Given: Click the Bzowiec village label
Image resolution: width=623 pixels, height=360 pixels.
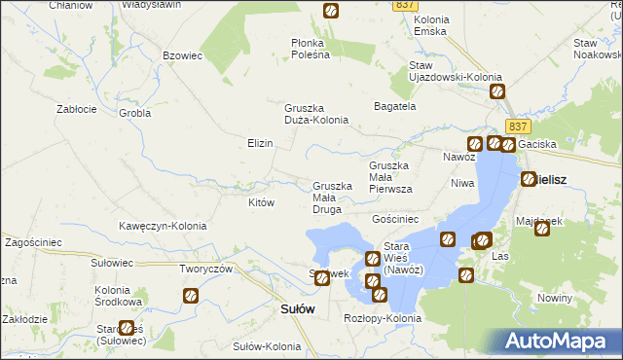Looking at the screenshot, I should [x=182, y=55].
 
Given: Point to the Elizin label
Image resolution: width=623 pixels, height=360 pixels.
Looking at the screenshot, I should [x=259, y=143].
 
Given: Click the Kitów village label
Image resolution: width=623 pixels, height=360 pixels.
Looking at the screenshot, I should [x=261, y=202].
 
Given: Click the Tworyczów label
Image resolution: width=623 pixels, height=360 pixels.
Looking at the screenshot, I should [x=205, y=269].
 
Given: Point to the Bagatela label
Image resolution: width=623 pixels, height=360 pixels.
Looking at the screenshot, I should [x=395, y=106].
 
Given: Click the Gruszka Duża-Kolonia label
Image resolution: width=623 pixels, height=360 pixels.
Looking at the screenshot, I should [x=315, y=114].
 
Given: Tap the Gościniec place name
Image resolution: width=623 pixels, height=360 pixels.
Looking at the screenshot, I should [x=395, y=220].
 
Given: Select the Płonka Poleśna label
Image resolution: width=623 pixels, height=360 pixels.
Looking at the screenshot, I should [x=311, y=49].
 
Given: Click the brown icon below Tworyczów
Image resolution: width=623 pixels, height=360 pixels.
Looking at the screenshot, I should [x=191, y=296].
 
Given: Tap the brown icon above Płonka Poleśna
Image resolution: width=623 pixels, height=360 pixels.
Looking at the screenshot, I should [x=330, y=11].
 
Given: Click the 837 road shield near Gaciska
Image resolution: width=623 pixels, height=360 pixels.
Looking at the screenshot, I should [x=517, y=127].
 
